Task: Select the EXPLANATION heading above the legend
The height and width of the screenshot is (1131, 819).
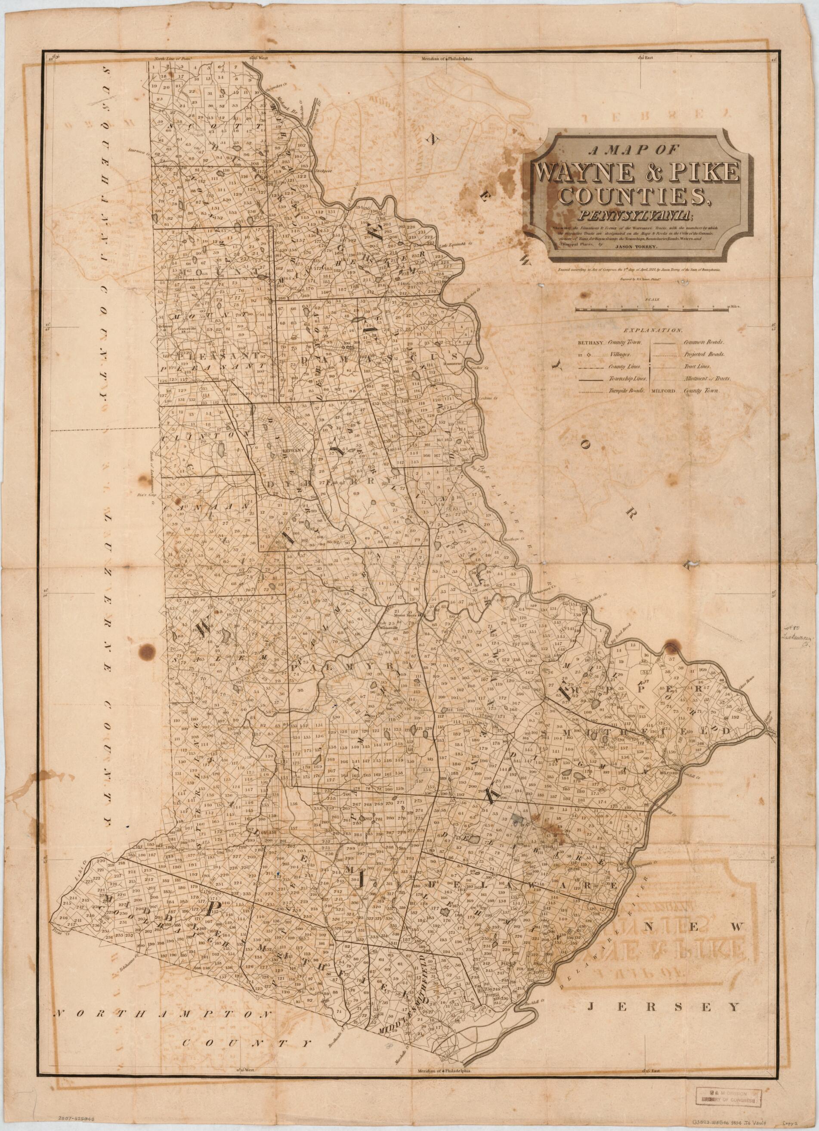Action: click(x=652, y=330)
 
